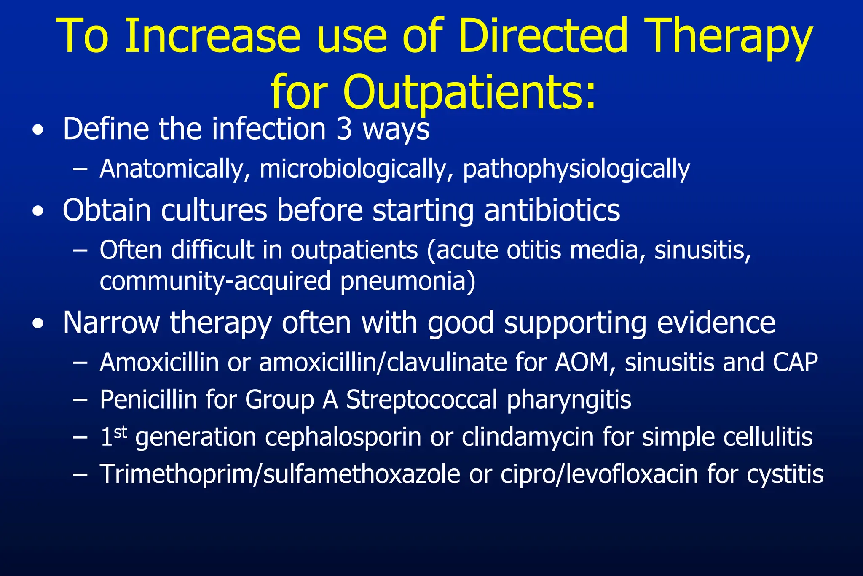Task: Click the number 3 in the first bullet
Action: [344, 129]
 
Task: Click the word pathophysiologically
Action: [576, 169]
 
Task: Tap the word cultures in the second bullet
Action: [214, 210]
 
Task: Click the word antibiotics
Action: [552, 210]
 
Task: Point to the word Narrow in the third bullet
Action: [111, 323]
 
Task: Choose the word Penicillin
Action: [148, 399]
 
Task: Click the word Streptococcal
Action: [421, 399]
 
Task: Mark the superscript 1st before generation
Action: [114, 436]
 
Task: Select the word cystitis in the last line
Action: [785, 474]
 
